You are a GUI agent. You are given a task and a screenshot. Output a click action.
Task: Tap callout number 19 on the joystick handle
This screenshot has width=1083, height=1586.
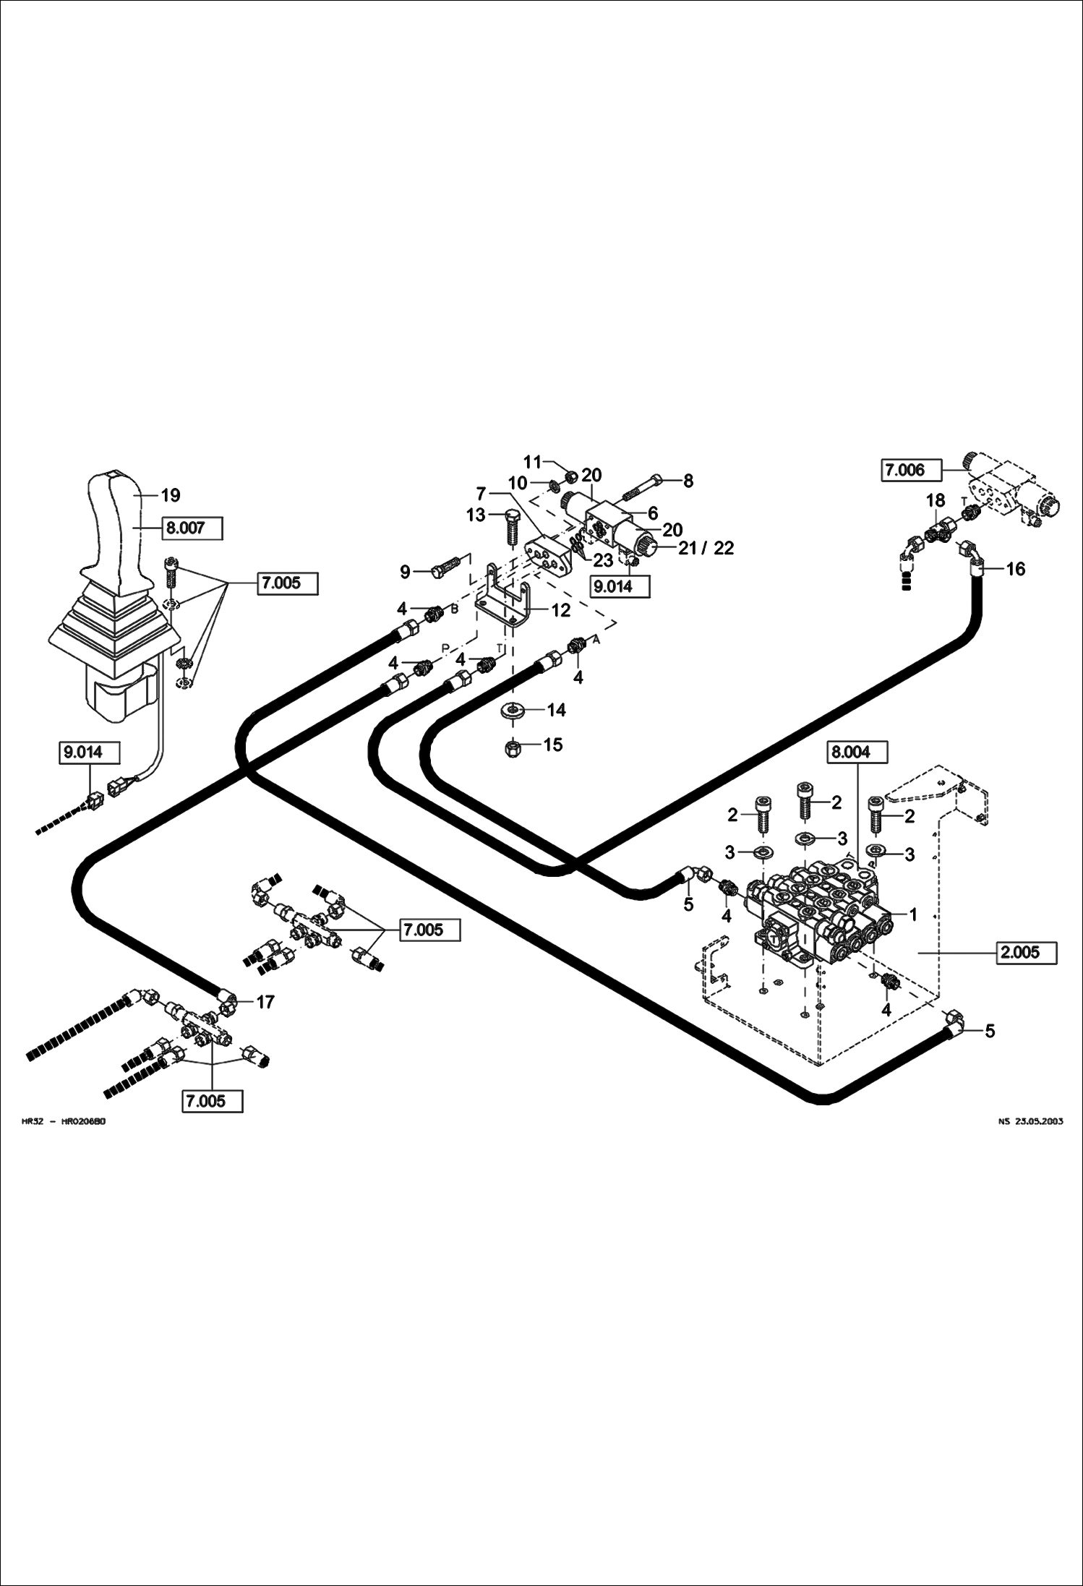tap(170, 496)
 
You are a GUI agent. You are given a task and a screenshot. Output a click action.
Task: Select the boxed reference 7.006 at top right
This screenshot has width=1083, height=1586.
tap(912, 470)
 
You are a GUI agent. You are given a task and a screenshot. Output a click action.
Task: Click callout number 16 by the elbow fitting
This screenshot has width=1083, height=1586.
tap(1015, 570)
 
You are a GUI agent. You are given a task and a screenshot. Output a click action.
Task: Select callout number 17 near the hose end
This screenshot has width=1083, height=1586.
tap(265, 1002)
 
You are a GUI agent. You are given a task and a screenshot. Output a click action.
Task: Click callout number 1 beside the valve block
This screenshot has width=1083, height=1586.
tap(912, 915)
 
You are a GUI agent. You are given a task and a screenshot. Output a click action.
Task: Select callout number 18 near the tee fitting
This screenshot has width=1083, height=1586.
tap(935, 501)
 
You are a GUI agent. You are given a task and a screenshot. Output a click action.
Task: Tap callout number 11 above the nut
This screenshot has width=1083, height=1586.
tap(532, 461)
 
